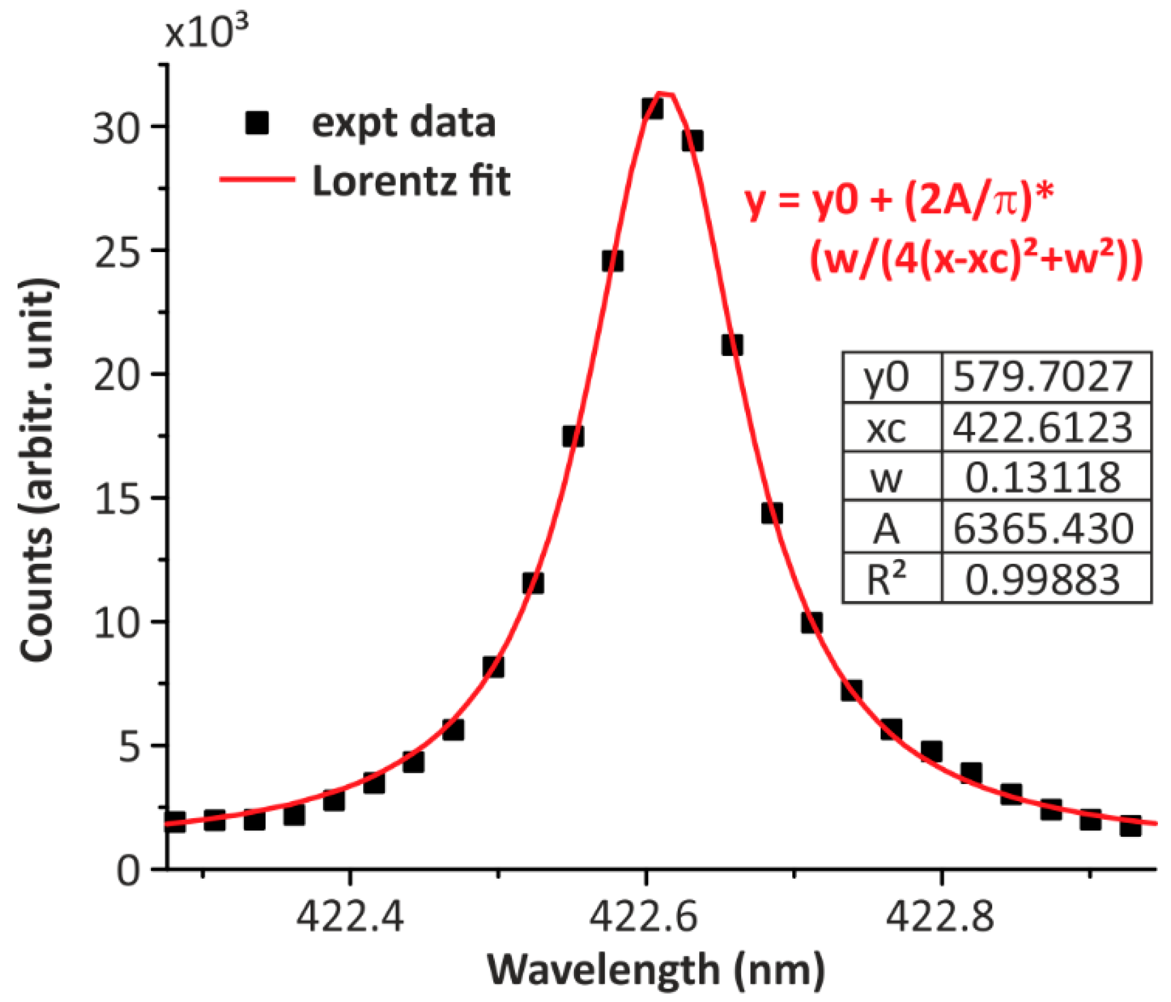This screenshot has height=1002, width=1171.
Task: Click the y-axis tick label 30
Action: coord(116,127)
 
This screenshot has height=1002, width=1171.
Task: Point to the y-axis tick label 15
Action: coord(116,498)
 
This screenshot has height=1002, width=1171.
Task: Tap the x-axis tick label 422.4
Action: coord(350,916)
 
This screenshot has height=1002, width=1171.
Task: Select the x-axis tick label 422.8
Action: coord(940,916)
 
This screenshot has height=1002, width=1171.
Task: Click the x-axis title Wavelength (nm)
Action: coord(656,971)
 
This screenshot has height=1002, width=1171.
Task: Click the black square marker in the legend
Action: coord(257,123)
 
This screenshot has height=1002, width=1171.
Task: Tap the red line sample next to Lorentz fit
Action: coord(257,179)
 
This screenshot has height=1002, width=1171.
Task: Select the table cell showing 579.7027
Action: coord(1043,377)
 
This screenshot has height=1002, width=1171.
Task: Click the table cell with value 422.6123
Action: coord(1043,427)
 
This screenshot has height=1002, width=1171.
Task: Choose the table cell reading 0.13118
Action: coord(1043,477)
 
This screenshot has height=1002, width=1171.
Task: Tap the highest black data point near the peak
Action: coord(652,108)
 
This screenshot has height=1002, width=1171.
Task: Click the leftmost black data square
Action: coord(175,821)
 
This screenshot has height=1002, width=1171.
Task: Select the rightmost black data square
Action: coord(1130,827)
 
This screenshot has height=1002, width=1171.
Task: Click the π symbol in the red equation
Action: coord(1005,202)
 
